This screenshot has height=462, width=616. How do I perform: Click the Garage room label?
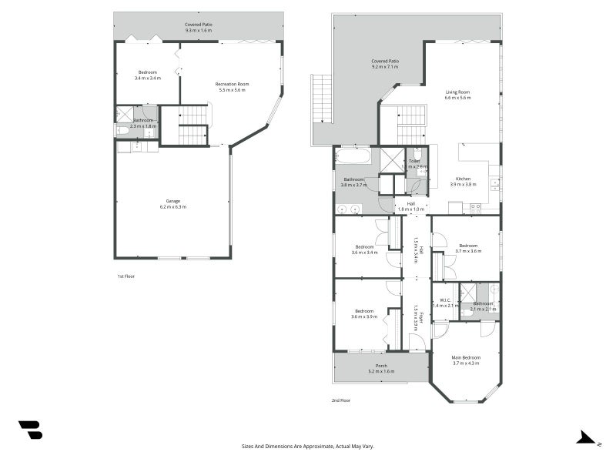click(172, 201)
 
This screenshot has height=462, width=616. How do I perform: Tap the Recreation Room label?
click(232, 84)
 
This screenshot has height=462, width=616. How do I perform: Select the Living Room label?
click(457, 92)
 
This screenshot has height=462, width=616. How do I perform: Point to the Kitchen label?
click(463, 179)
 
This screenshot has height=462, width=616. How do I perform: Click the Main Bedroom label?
click(466, 357)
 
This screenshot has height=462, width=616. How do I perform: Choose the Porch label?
click(381, 366)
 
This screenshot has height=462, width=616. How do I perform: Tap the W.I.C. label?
click(444, 300)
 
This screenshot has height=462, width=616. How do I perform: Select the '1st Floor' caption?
click(126, 276)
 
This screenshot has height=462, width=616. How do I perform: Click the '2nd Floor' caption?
click(341, 400)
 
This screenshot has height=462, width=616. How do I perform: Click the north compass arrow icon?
click(587, 437)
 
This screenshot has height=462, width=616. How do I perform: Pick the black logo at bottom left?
click(30, 430)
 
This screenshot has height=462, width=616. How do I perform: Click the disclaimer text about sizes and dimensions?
click(308, 446)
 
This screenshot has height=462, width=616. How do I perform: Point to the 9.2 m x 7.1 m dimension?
click(385, 67)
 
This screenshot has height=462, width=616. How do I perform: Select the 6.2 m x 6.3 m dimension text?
click(172, 206)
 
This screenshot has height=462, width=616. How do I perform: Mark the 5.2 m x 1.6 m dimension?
click(381, 371)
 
